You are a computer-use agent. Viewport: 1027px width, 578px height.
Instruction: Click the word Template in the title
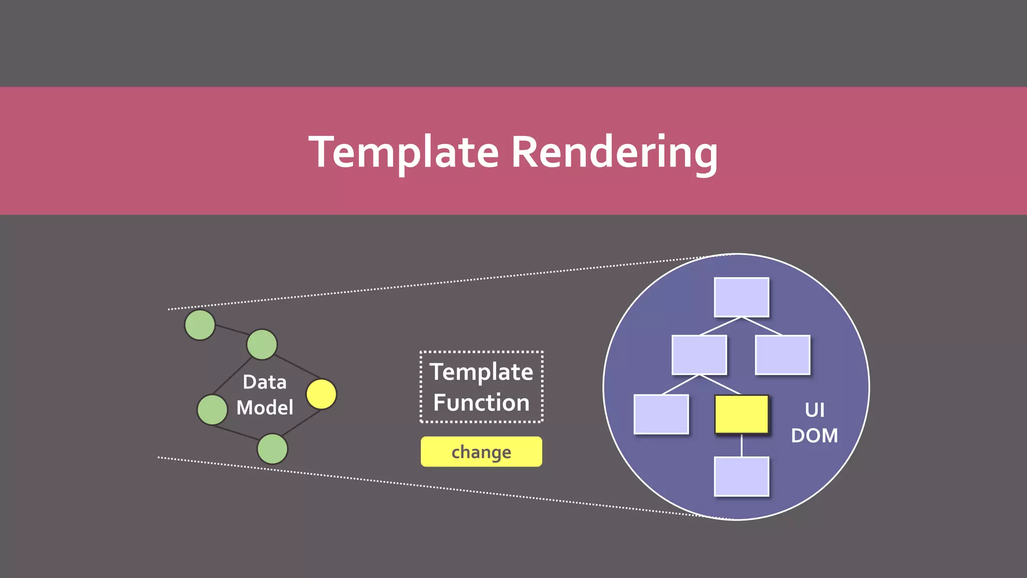coord(404,152)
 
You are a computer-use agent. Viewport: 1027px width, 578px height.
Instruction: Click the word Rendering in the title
coord(614,153)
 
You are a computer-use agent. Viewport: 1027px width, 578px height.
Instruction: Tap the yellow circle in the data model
coord(321,394)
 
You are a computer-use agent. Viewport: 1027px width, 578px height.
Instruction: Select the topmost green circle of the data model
coord(200,325)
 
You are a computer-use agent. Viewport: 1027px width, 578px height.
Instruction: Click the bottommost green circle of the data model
coord(272,449)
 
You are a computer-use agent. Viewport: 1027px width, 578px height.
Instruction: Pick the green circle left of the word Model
coord(212,409)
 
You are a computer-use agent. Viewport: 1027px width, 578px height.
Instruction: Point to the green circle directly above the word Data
coord(262,344)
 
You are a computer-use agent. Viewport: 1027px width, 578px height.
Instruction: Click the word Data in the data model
coord(265,382)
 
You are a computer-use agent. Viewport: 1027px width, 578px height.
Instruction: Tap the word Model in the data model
coord(265,407)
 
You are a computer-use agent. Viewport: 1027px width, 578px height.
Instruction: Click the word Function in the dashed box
coord(481,402)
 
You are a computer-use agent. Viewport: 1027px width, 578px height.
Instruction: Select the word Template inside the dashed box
coord(481,372)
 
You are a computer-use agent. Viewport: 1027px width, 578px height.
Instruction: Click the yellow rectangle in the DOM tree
coord(741,414)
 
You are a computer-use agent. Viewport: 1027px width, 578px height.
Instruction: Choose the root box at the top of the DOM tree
coord(741,297)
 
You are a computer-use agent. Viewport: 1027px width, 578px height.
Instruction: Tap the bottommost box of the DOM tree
coord(741,476)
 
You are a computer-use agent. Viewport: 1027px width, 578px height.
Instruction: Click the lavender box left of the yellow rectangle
coord(661,414)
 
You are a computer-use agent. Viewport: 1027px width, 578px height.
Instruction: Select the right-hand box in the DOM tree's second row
coord(782,355)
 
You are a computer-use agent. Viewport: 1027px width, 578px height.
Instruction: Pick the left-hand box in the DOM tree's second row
coord(699,355)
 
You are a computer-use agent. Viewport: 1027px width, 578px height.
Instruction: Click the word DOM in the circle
coord(814,436)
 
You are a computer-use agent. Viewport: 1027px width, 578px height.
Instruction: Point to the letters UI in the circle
coord(814,410)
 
